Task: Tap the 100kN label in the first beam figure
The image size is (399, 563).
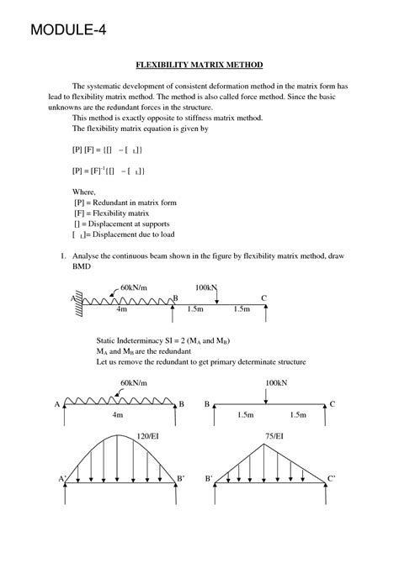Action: (206, 288)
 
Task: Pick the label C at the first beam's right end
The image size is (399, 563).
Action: (264, 297)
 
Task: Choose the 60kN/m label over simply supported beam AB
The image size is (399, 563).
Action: (134, 382)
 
